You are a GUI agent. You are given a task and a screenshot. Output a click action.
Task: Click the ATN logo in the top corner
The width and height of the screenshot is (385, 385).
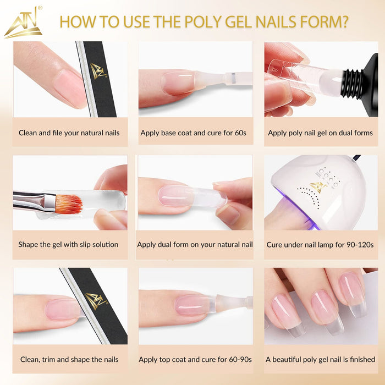point(24,23)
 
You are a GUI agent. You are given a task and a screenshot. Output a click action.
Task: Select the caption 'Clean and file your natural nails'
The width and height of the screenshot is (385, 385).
point(69,133)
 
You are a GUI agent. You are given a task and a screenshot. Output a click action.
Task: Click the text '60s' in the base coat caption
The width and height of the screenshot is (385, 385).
point(240,133)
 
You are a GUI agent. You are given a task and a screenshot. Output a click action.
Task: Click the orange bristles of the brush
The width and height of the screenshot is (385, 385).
point(69,204)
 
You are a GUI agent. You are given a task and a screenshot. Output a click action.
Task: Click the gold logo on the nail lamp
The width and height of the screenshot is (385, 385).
point(317,187)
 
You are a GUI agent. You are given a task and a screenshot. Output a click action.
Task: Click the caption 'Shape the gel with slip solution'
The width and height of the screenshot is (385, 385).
point(68,245)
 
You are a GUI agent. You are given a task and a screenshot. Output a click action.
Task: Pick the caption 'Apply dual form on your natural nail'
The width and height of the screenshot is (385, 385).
point(195,245)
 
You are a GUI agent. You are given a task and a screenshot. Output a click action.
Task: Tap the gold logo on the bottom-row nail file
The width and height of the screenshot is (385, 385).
point(96,301)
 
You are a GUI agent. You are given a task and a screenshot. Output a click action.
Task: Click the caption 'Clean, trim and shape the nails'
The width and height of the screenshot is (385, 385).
point(69,360)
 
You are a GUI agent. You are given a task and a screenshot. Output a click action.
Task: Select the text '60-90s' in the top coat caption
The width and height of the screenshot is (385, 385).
point(240,360)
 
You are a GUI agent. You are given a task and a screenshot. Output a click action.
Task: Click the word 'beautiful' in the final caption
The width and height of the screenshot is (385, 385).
point(287,360)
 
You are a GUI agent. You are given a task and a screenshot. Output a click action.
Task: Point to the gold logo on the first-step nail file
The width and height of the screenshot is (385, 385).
point(98,71)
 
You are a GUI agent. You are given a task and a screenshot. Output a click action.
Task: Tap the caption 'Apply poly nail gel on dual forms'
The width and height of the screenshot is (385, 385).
point(321,133)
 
